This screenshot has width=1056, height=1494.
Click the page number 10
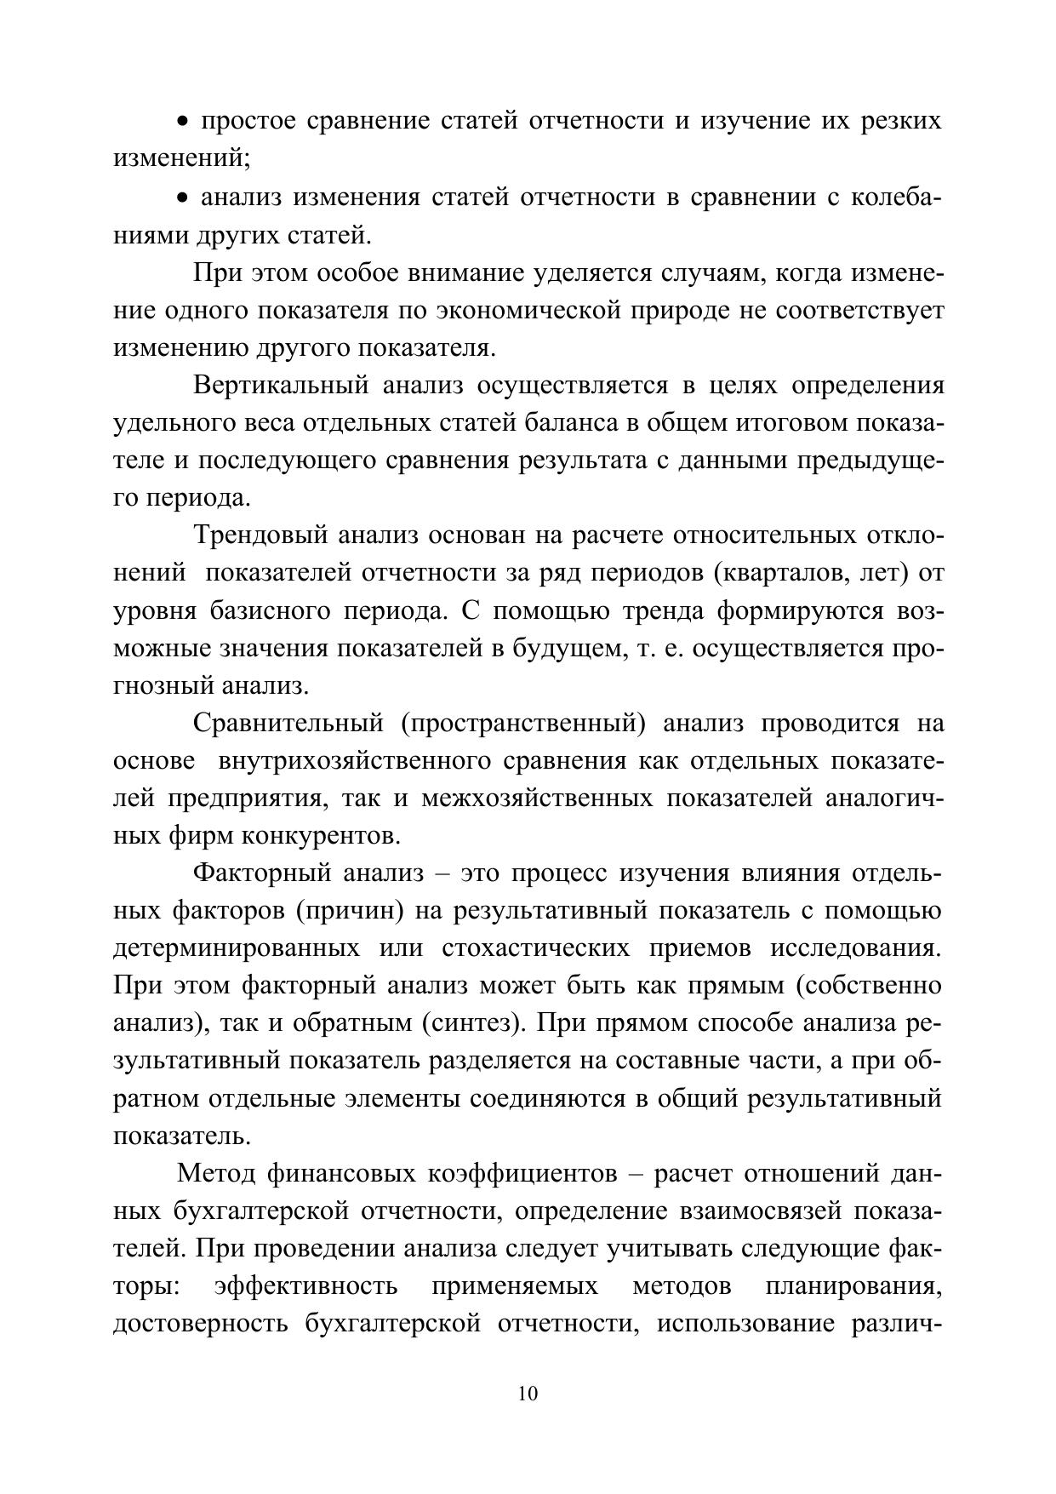tap(528, 1394)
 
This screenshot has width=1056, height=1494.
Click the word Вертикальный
tap(281, 386)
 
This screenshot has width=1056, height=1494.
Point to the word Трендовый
tap(260, 535)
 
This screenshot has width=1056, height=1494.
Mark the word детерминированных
tap(236, 948)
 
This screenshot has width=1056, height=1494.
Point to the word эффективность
tap(306, 1285)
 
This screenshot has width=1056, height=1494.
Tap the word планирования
tap(853, 1285)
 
